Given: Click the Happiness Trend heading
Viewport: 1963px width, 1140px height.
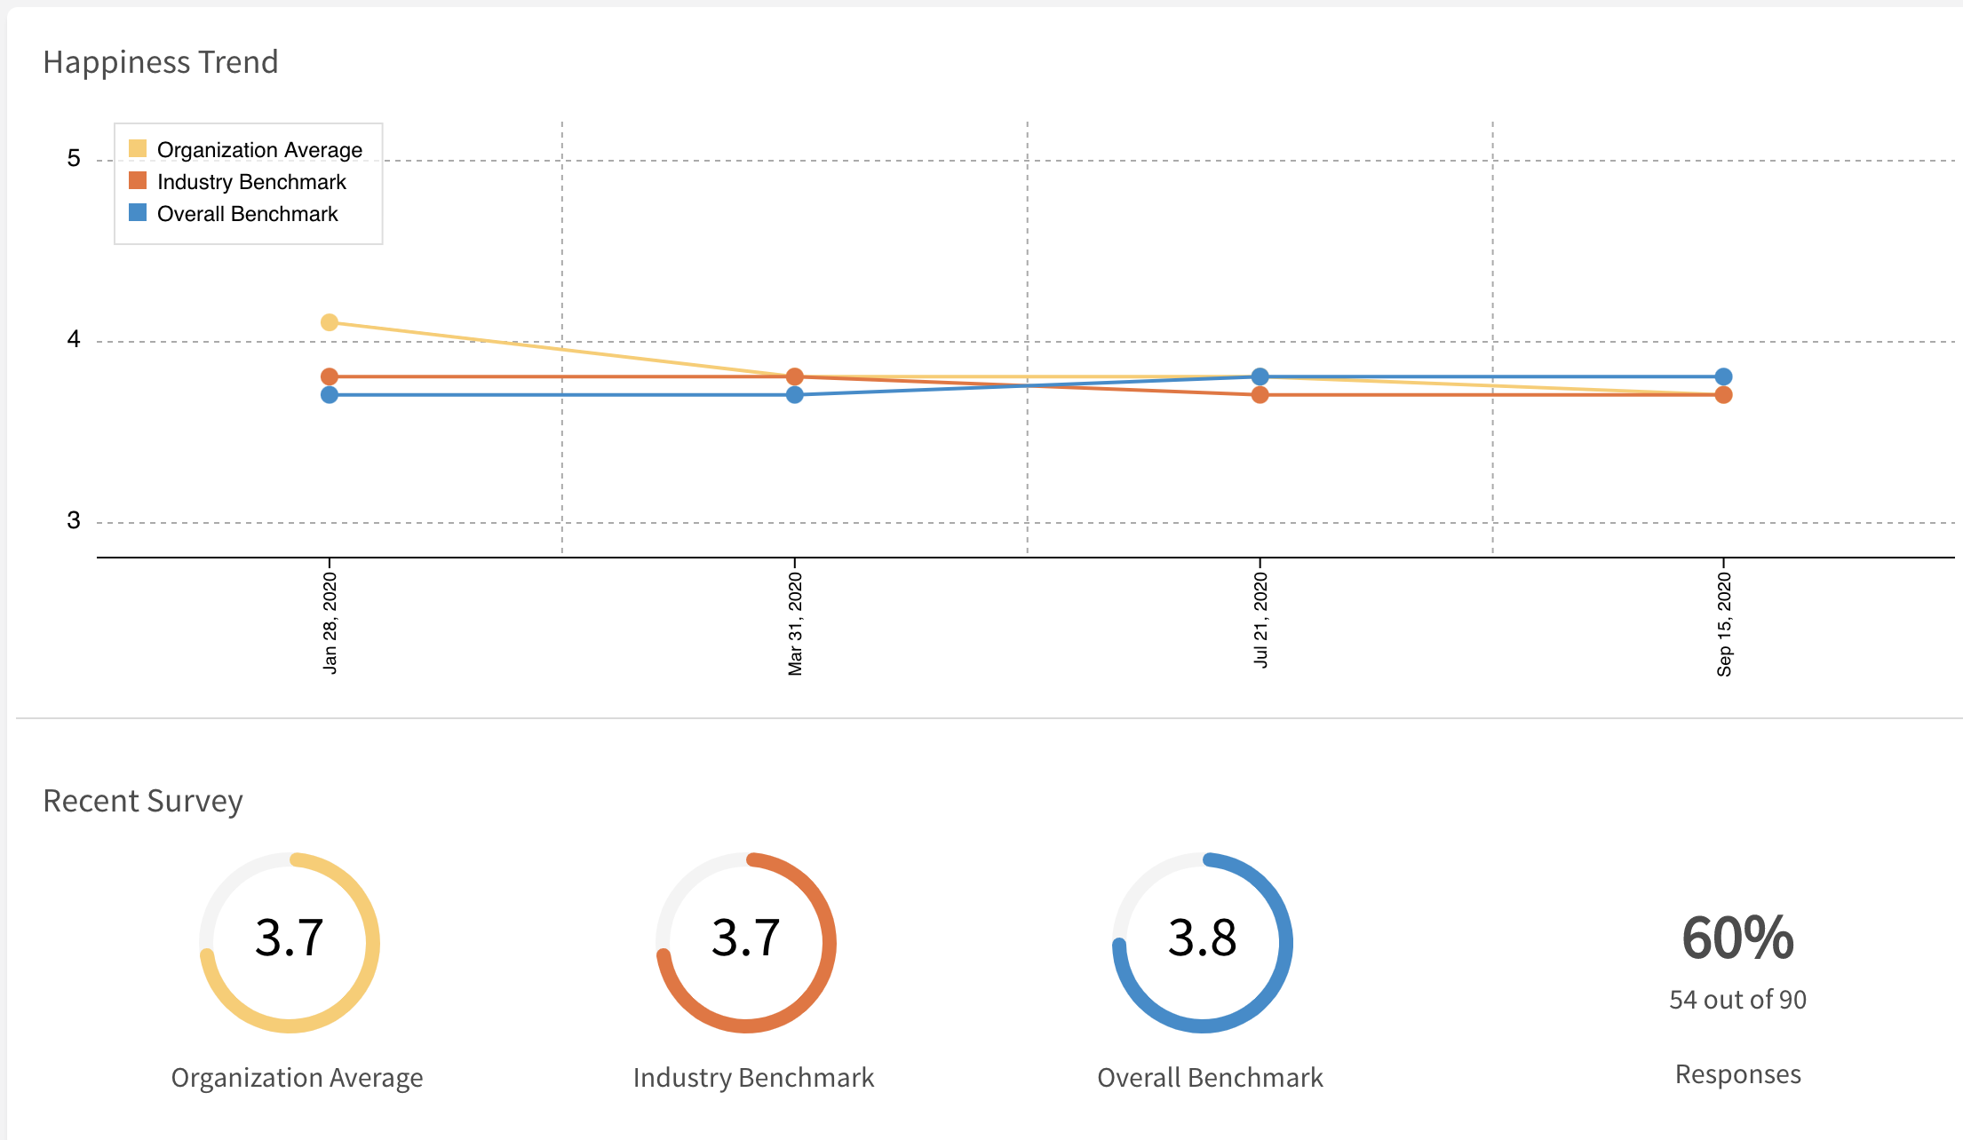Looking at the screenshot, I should click(161, 62).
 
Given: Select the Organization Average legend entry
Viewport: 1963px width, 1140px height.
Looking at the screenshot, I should click(258, 150).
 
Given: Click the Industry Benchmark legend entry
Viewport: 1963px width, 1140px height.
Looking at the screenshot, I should click(250, 182).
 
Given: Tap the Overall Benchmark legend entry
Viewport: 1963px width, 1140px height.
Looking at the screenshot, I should click(247, 214).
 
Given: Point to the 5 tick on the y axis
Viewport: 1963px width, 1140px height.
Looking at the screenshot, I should click(74, 159).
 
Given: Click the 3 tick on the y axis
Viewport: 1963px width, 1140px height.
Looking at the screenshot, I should click(74, 521).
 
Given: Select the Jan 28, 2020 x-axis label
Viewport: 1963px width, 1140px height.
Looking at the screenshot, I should click(330, 623).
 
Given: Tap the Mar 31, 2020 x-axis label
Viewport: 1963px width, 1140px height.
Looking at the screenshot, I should click(795, 623).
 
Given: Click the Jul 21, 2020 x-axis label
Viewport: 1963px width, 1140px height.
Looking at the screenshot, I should click(1260, 620).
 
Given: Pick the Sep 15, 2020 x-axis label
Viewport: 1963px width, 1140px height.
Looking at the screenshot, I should click(1724, 623).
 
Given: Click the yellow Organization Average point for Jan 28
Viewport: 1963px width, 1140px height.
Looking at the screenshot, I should click(330, 322).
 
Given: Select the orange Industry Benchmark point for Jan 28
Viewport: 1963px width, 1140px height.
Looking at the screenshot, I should click(330, 376).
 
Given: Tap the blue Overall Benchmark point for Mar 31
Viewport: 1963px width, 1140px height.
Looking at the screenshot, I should click(795, 395).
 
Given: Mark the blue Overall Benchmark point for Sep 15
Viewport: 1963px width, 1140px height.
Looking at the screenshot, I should click(1723, 376).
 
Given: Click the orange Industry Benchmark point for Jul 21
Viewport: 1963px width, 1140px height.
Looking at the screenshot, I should click(1260, 395).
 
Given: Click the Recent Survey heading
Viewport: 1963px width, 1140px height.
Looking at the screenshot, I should click(143, 801).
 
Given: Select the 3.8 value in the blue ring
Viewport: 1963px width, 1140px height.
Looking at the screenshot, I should click(1202, 938).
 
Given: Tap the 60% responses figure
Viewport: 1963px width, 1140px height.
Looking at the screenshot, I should click(1737, 938).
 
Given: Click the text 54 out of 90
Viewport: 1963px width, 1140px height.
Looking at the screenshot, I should click(1737, 1000).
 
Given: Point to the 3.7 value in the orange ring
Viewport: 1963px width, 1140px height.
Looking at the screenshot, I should click(745, 938).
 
